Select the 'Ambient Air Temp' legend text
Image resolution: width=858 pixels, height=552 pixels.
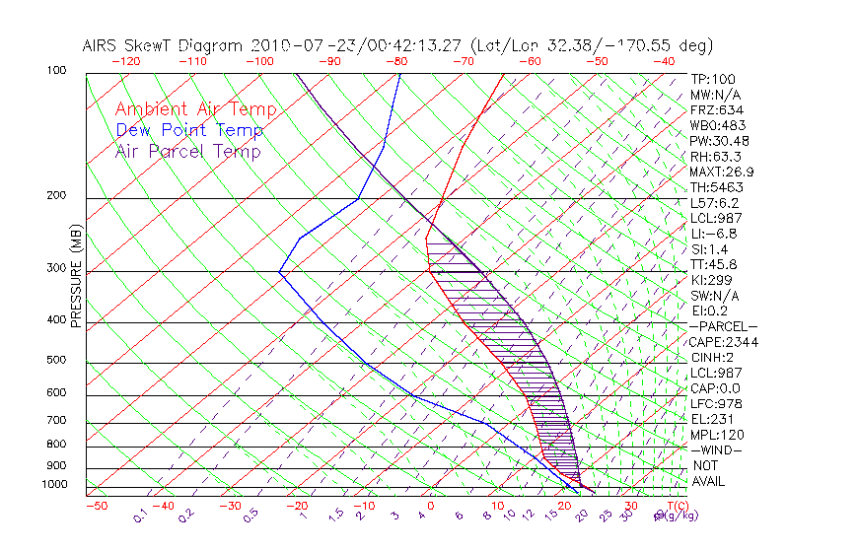click(195, 109)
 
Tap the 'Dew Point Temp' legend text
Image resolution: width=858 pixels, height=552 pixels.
click(189, 130)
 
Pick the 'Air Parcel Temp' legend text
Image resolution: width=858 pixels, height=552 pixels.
click(188, 151)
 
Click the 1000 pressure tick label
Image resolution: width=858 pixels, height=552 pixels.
click(57, 485)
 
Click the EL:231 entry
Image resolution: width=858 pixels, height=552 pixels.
click(711, 419)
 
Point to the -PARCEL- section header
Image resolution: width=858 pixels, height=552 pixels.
click(723, 326)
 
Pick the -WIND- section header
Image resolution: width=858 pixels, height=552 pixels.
click(716, 449)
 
